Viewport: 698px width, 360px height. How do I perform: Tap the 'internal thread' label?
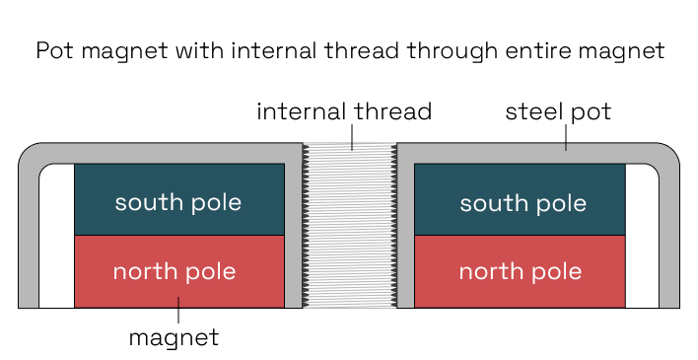343,111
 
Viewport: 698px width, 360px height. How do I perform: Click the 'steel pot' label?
558,111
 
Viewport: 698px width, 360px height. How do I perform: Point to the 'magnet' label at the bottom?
174,337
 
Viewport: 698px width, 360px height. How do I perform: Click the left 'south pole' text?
178,203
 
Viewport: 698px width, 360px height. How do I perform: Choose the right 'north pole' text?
521,271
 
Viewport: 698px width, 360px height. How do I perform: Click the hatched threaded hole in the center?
349,227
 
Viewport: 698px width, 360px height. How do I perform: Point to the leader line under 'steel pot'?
566,138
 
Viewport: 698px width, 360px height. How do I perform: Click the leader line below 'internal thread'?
351,138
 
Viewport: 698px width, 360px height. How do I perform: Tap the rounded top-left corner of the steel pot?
30,154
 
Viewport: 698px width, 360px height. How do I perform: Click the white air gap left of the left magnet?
56,237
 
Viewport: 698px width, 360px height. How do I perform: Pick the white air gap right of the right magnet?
642,237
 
